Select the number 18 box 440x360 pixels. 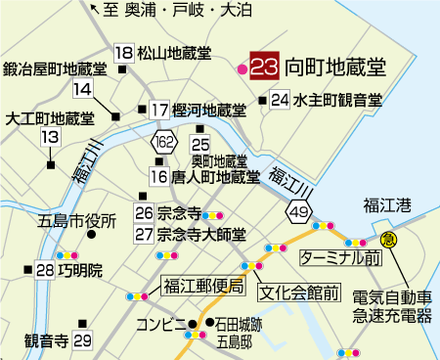tap(123, 53)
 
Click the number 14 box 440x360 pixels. tap(83, 90)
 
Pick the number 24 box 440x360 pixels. tap(280, 100)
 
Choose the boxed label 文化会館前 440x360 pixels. tap(300, 291)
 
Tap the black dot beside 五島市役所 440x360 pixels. tap(91, 235)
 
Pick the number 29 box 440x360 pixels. tap(82, 340)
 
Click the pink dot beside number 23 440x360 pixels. tap(242, 68)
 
